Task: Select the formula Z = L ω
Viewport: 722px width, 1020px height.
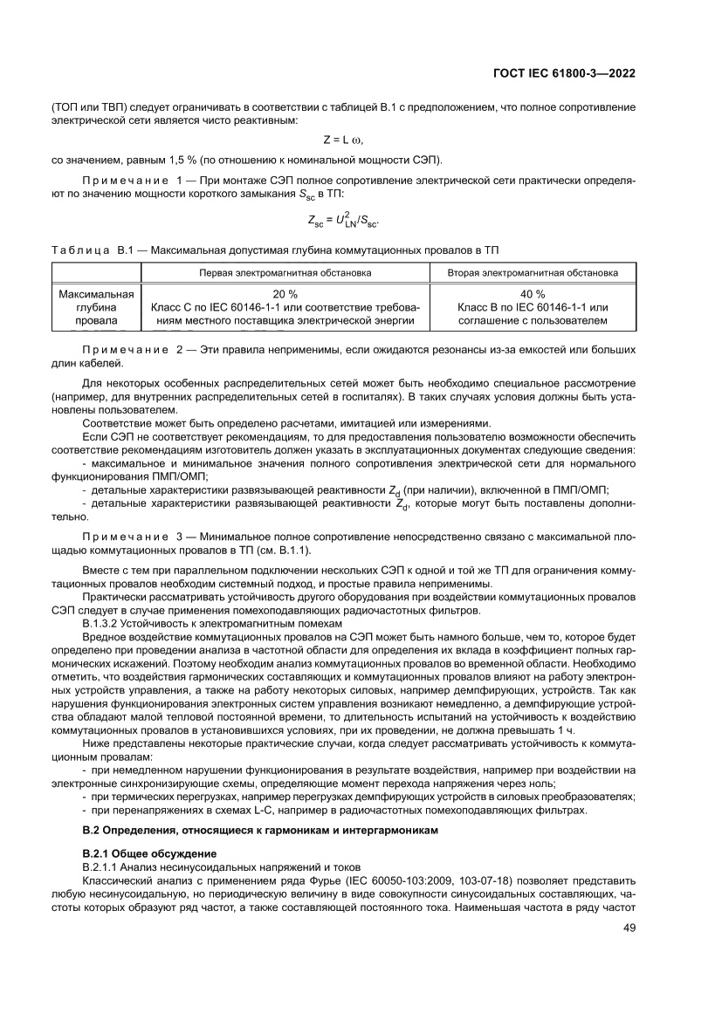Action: pos(342,140)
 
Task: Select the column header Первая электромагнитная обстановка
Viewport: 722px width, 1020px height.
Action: pos(285,273)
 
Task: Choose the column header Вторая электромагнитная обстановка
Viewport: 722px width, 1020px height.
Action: pos(533,273)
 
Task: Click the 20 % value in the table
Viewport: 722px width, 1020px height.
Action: pos(285,294)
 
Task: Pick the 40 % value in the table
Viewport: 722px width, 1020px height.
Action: pos(533,294)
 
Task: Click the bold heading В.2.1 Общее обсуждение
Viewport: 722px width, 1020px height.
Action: pos(148,852)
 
